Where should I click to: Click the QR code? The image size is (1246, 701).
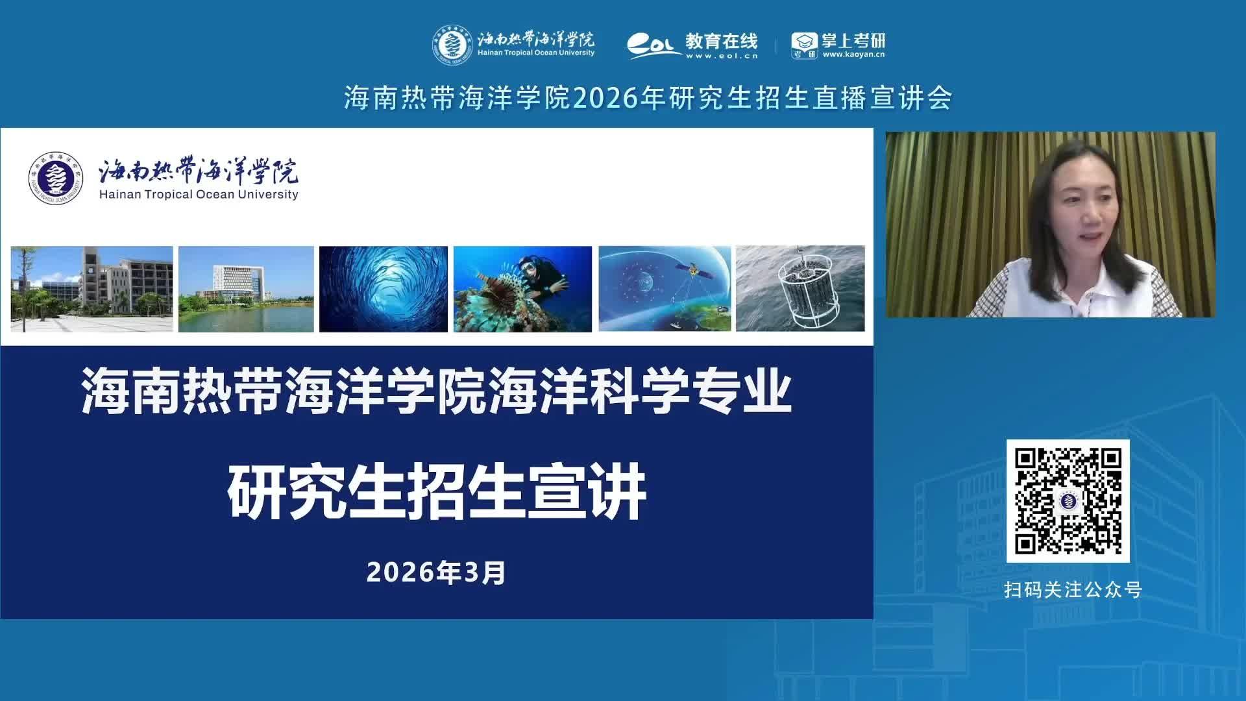point(1068,500)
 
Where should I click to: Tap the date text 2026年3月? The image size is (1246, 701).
point(436,572)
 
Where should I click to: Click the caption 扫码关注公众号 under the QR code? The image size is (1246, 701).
point(1073,589)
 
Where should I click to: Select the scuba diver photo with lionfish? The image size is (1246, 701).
point(522,289)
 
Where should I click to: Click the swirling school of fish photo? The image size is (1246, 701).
point(384,289)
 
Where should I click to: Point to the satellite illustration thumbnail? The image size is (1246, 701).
point(665,289)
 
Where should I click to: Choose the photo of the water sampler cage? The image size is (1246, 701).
point(800,289)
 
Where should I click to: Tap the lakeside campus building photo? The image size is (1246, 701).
point(246,289)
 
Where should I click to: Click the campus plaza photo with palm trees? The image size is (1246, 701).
point(92,289)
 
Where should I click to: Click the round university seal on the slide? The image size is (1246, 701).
point(56,178)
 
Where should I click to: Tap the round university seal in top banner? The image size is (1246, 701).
point(454,44)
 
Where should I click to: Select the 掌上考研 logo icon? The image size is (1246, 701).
point(804,45)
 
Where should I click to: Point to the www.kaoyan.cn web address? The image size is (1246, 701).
point(853,55)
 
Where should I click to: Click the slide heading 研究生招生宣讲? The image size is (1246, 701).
point(437,491)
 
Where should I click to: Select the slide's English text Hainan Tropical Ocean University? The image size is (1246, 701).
point(199,194)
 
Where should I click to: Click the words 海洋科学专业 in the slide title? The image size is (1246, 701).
point(640,391)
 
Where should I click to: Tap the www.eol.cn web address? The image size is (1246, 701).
point(722,56)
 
